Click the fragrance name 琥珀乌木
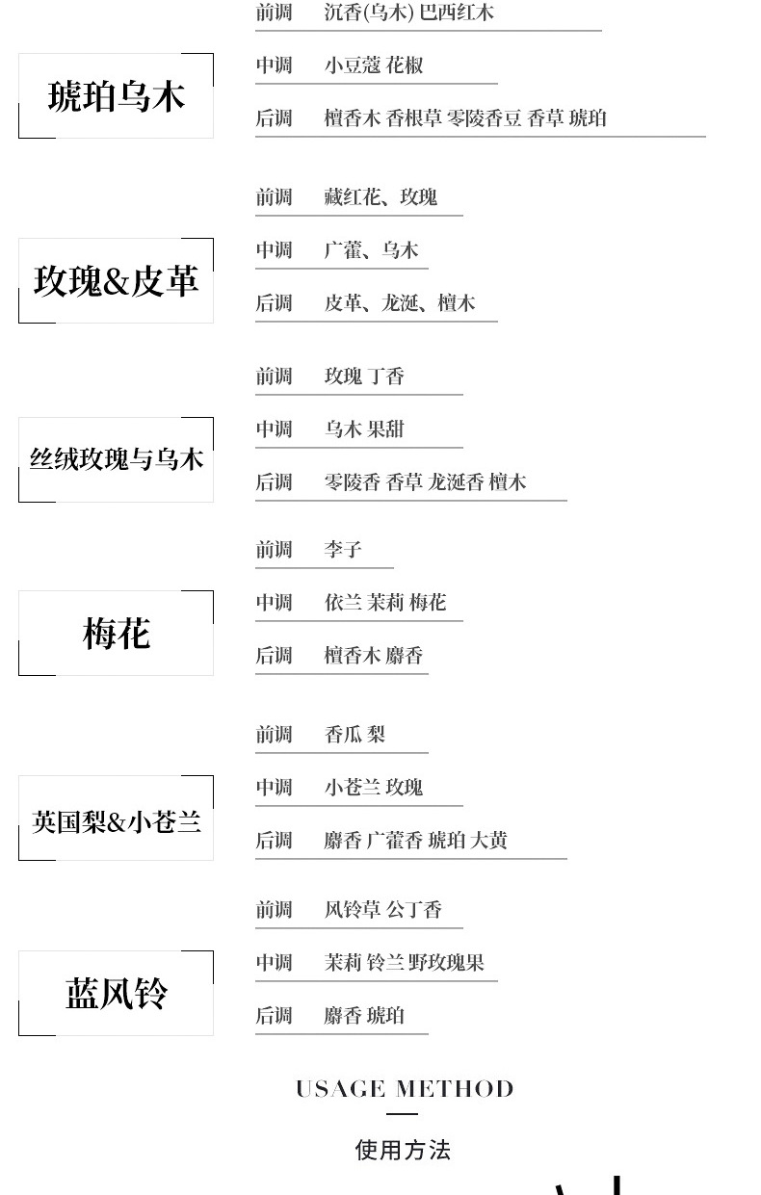[x=116, y=96]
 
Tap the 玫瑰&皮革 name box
[x=116, y=281]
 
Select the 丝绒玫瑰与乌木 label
[x=116, y=459]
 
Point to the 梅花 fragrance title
[x=116, y=634]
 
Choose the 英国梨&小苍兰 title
[x=116, y=821]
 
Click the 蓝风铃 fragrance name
[x=116, y=993]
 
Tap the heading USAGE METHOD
[x=404, y=1089]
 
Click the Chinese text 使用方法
[x=403, y=1150]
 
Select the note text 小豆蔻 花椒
[x=374, y=65]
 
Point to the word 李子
[x=343, y=550]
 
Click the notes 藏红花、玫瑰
[x=380, y=197]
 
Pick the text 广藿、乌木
[x=371, y=250]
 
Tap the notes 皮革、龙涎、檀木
[x=400, y=303]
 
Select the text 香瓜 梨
[x=354, y=735]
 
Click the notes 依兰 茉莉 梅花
[x=385, y=603]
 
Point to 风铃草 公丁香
[x=383, y=910]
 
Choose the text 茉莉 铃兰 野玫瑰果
[x=404, y=962]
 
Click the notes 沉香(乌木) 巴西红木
[x=409, y=13]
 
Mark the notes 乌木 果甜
[x=364, y=429]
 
